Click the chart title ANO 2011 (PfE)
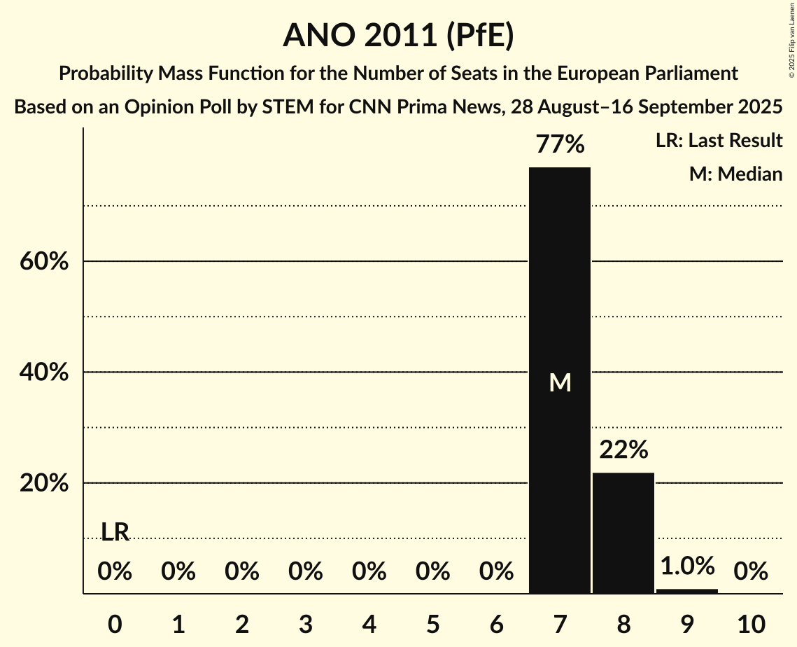(398, 36)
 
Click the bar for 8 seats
(623, 533)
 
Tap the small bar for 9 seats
(687, 591)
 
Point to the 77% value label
(560, 145)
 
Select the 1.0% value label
(687, 566)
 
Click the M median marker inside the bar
(560, 382)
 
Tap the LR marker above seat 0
(115, 532)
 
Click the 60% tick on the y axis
(44, 262)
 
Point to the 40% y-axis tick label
(44, 373)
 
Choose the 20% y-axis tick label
(44, 484)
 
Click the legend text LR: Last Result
(719, 141)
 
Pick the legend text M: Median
(735, 174)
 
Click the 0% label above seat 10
(751, 572)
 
